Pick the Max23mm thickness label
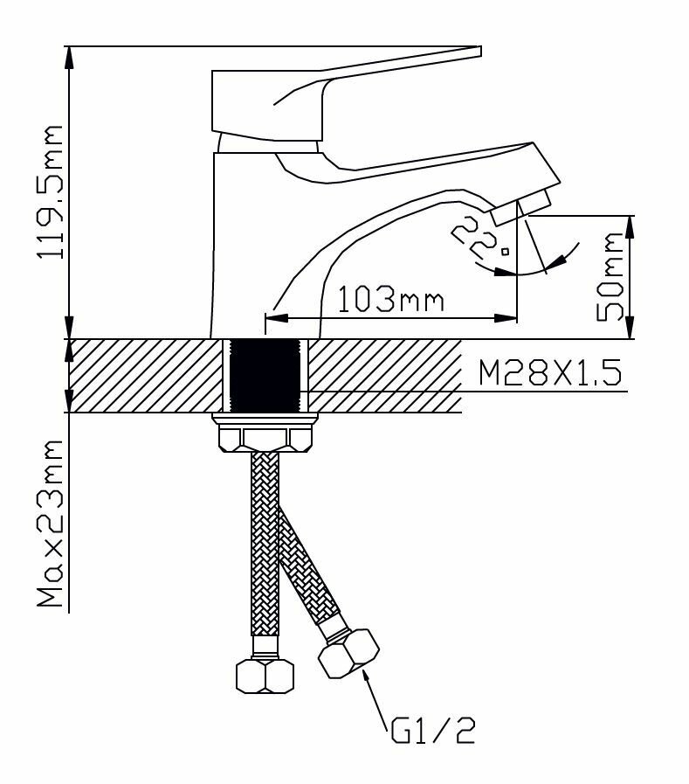(50, 524)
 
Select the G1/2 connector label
(431, 728)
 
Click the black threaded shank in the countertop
(266, 375)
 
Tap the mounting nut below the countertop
(266, 434)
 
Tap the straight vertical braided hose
(263, 542)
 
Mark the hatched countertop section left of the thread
(144, 376)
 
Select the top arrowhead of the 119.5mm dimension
(70, 53)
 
